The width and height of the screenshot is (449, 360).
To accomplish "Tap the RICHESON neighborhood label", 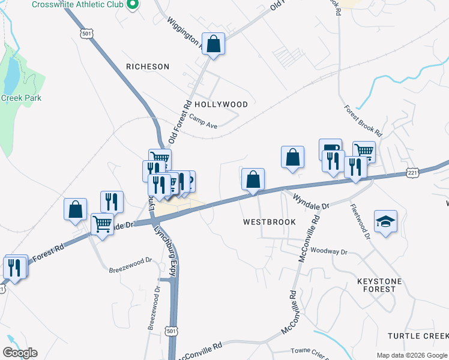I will pyautogui.click(x=148, y=67).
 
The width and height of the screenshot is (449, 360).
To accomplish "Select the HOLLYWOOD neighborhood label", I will pyautogui.click(x=221, y=104).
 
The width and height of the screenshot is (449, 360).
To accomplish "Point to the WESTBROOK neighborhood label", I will pyautogui.click(x=270, y=222).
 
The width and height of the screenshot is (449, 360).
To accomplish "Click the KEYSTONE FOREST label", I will pyautogui.click(x=384, y=284).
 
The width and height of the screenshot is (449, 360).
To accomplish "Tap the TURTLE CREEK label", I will pyautogui.click(x=417, y=336).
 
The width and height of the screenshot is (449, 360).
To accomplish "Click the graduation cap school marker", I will pyautogui.click(x=385, y=221).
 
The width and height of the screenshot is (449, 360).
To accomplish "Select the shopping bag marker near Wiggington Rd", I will pyautogui.click(x=213, y=44).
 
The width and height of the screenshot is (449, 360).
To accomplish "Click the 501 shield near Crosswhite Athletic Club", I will pyautogui.click(x=87, y=34).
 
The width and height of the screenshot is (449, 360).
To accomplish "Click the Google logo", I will pyautogui.click(x=20, y=353).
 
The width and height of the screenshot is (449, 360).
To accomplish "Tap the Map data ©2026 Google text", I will pyautogui.click(x=411, y=355).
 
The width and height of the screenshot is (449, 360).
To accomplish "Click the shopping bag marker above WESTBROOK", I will pyautogui.click(x=253, y=179).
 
